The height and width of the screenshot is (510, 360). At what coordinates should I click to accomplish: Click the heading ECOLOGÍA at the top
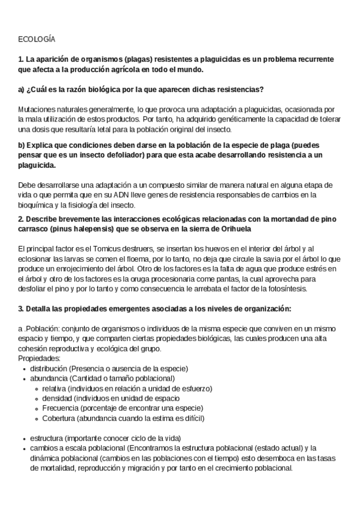37,39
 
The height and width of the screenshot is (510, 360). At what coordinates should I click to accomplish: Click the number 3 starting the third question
20,309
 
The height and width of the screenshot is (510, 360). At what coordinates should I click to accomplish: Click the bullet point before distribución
23,368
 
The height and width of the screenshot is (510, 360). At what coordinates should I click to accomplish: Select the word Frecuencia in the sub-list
59,408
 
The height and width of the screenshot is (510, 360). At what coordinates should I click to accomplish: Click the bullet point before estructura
23,438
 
